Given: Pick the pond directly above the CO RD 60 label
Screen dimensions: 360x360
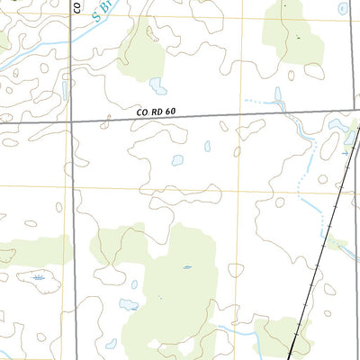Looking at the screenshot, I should [158, 86].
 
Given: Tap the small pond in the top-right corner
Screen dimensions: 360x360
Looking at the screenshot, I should [342, 8].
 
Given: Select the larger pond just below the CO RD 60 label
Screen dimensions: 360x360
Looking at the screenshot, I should [177, 160].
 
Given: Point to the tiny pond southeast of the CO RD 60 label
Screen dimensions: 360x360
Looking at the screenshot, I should [207, 146].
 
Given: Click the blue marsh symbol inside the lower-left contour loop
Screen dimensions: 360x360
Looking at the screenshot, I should [38, 277].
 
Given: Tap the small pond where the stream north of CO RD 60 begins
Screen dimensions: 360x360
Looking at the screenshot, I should [277, 93].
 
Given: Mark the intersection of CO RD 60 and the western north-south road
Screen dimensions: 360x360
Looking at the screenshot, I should [71, 121].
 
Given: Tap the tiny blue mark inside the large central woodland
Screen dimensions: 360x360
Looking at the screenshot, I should [187, 266].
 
